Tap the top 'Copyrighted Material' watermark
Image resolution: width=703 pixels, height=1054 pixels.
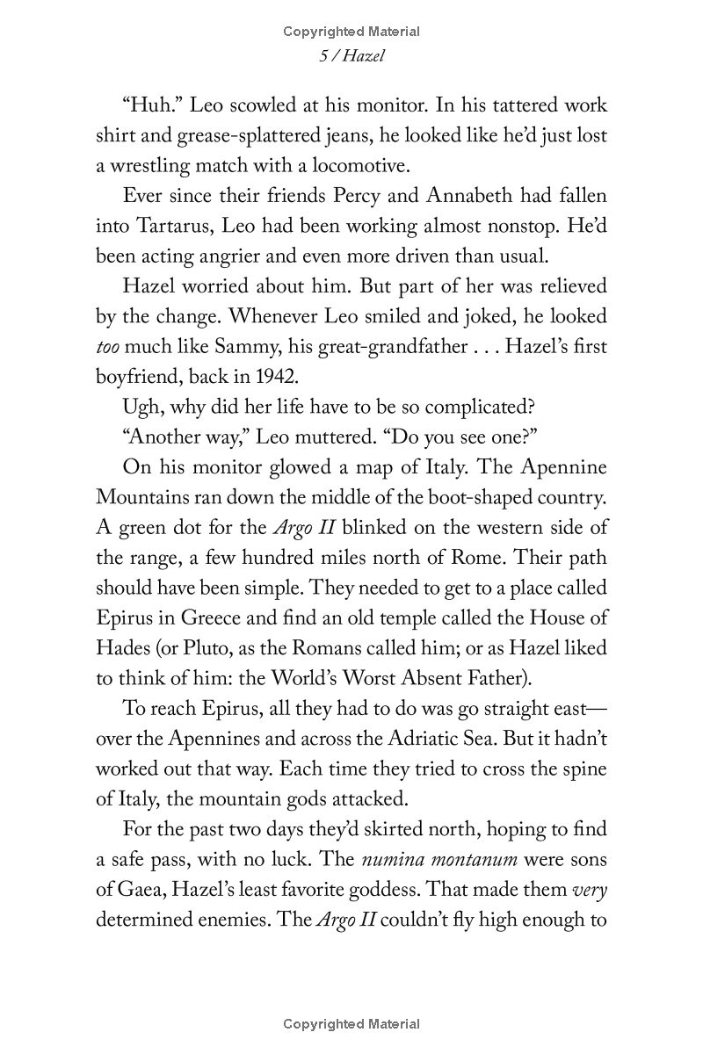[x=351, y=32]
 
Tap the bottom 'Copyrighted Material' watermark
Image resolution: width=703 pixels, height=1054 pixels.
[x=351, y=1024]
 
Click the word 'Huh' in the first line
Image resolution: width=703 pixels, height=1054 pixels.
[x=150, y=106]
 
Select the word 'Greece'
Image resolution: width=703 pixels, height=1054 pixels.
[x=204, y=618]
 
